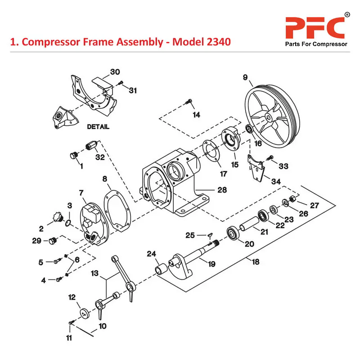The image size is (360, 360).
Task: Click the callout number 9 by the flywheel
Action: coord(246,78)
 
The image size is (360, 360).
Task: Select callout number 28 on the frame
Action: coord(222,190)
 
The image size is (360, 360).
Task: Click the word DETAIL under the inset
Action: coord(98,127)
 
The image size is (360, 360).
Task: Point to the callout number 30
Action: coord(115,72)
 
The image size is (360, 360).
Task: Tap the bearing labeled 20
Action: coord(234,234)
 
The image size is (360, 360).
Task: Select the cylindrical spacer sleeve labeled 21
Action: coord(249,224)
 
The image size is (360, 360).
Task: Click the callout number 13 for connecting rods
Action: coord(94,273)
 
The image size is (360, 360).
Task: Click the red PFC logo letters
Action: coord(315,28)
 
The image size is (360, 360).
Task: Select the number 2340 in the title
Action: coord(214,42)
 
